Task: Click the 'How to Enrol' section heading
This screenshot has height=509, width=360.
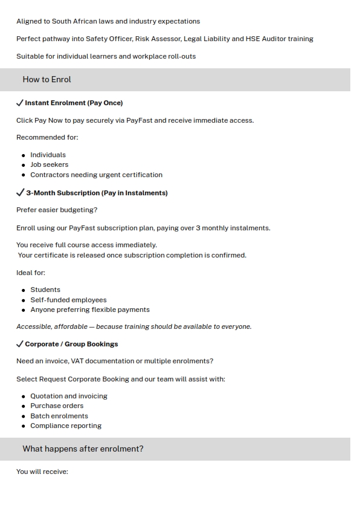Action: pos(47,79)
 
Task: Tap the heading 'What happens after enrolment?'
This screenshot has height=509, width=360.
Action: pos(83,449)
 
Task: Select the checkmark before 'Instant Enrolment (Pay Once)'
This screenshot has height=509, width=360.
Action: pos(20,103)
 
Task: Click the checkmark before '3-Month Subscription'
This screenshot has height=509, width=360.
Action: pos(20,193)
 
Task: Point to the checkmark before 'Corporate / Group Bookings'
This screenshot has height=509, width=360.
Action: pos(20,344)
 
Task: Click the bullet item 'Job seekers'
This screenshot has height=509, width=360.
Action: pos(49,164)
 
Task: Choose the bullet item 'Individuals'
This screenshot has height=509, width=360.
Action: pos(48,155)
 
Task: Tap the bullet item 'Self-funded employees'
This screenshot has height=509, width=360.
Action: pos(68,300)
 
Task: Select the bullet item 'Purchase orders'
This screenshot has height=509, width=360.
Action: pos(57,406)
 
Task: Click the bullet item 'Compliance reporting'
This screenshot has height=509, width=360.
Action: pos(66,426)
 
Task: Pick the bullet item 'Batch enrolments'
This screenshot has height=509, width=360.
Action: pos(59,416)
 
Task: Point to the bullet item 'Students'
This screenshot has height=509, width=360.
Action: pos(45,290)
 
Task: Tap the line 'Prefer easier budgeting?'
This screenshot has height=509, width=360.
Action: pos(57,210)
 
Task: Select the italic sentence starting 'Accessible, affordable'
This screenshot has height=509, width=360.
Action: pos(133,326)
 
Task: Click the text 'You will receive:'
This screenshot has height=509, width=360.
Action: pos(42,472)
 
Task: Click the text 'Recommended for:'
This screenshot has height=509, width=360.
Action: pos(47,137)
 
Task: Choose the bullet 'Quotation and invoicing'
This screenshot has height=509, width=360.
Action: pos(69,396)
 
